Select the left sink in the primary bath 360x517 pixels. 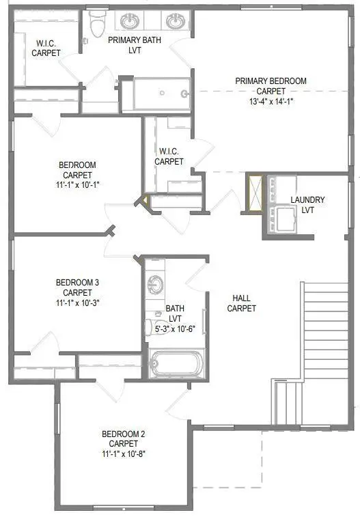pos(128,21)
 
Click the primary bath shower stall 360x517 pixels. pos(161,94)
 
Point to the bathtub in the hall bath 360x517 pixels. pos(176,364)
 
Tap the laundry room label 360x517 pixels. pos(307,204)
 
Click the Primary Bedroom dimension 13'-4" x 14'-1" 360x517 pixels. pos(271,100)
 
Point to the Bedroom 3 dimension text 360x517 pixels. pos(79,301)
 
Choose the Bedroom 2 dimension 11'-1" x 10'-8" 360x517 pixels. pos(123,453)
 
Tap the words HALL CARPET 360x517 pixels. pos(244,303)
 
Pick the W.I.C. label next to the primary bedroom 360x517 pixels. pos(169,156)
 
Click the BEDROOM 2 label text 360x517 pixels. pos(123,434)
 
